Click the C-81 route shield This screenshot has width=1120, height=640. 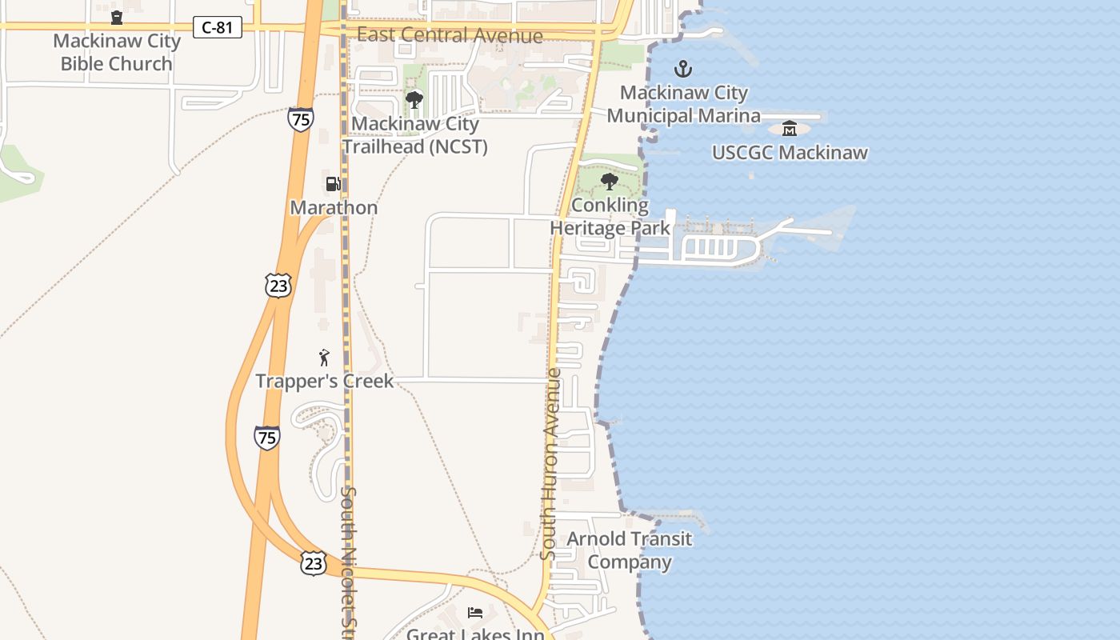[217, 27]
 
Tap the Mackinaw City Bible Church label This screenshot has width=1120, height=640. [117, 53]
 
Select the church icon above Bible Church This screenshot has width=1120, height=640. [117, 17]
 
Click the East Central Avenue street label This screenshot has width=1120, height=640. [450, 35]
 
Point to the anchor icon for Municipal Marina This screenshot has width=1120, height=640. [682, 69]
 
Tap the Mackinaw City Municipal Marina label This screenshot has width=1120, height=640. [683, 104]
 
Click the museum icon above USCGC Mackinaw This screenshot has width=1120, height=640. [790, 128]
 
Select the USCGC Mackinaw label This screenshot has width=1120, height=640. [790, 152]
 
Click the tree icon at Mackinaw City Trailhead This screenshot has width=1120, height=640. [414, 100]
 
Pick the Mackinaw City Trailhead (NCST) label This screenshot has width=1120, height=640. [414, 135]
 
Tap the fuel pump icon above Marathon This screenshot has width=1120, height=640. [333, 184]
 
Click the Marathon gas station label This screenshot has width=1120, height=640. [334, 208]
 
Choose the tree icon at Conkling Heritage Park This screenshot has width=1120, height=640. [609, 182]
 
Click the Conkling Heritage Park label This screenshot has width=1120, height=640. [610, 216]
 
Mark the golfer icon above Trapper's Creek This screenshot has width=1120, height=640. [324, 358]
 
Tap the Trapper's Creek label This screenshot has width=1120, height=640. [325, 382]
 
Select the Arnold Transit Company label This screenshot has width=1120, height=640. [630, 550]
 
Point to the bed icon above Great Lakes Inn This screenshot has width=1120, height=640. [475, 613]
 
